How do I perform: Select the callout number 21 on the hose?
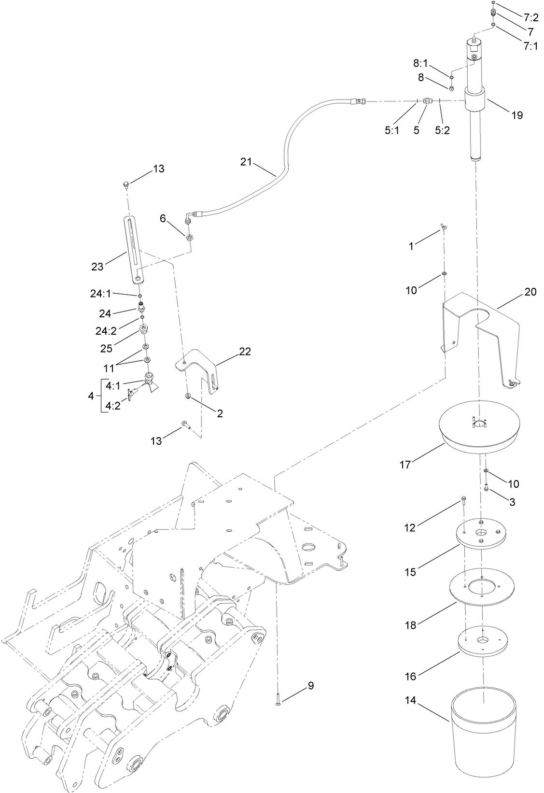(246, 162)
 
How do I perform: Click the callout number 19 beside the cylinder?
(517, 115)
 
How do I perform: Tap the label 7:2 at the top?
(531, 19)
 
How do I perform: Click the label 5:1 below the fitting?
(392, 130)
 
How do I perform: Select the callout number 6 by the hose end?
(163, 218)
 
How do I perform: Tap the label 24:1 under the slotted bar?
(100, 293)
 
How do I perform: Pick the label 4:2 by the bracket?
(112, 406)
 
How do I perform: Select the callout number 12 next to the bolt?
(409, 528)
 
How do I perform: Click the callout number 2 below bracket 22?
(220, 413)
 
